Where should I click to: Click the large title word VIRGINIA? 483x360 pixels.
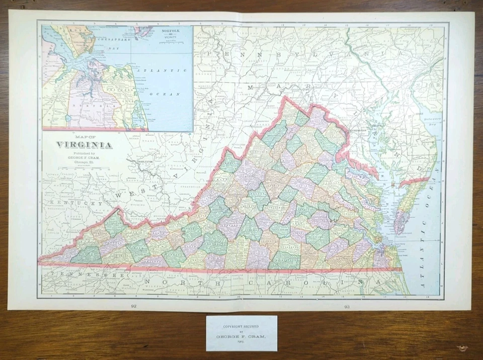[84, 145]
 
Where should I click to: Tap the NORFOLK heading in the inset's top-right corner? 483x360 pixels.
[170, 31]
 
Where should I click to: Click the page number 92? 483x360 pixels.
[133, 305]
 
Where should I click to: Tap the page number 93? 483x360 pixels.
[347, 305]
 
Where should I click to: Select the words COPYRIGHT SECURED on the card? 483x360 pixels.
[242, 326]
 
